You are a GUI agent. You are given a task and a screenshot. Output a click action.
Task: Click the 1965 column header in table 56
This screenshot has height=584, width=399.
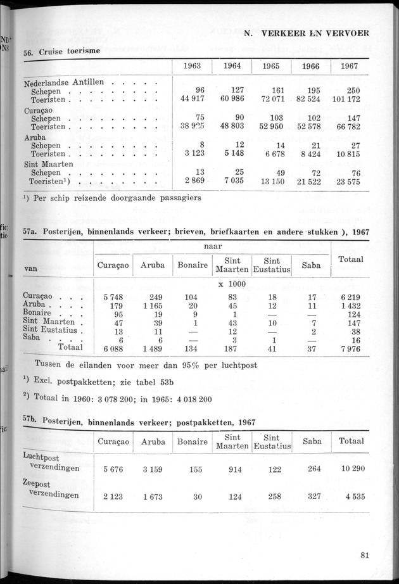pyautogui.click(x=271, y=65)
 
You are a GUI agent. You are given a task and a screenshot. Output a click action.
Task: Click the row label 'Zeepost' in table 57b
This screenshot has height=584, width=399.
pyautogui.click(x=39, y=486)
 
